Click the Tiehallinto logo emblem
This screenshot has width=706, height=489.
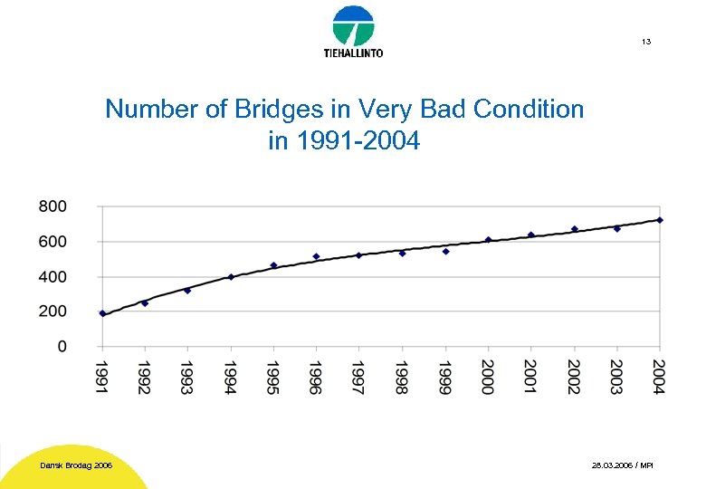coord(353,25)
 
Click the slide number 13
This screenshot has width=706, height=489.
coord(645,43)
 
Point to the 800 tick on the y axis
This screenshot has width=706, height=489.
coord(52,206)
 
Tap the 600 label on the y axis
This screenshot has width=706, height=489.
coord(52,242)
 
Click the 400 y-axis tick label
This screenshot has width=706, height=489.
coord(52,277)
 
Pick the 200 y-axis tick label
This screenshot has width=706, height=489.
coord(52,312)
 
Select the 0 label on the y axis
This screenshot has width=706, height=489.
coord(62,346)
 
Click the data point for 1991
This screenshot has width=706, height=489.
coord(102,313)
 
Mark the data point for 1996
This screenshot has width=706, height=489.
coord(316,256)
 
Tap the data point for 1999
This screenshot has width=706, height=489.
coord(445,251)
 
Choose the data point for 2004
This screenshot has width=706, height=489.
coord(660,220)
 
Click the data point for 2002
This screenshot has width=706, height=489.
coord(574,229)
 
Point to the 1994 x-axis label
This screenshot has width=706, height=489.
coord(231,377)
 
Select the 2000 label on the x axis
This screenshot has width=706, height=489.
coord(488,377)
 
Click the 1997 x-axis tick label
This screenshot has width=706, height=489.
coord(359,377)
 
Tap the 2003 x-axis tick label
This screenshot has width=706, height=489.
coord(617,377)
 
